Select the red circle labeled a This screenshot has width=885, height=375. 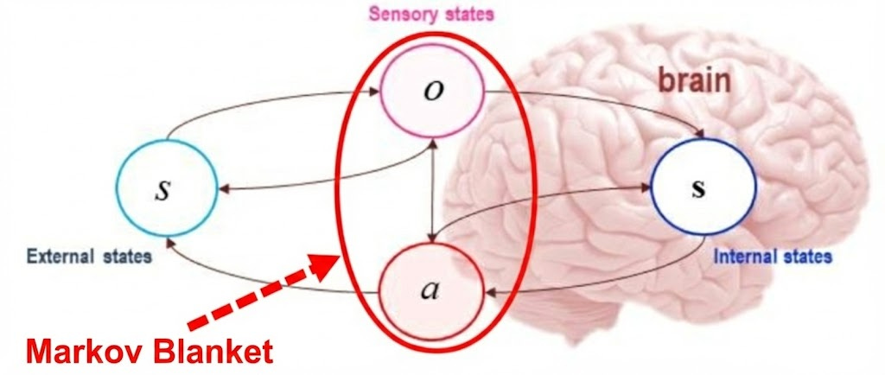(x=430, y=290)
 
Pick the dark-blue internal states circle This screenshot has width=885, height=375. (x=703, y=189)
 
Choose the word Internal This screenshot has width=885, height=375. (x=742, y=256)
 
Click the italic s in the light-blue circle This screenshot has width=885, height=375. (x=162, y=190)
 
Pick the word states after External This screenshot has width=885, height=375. (x=127, y=256)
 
